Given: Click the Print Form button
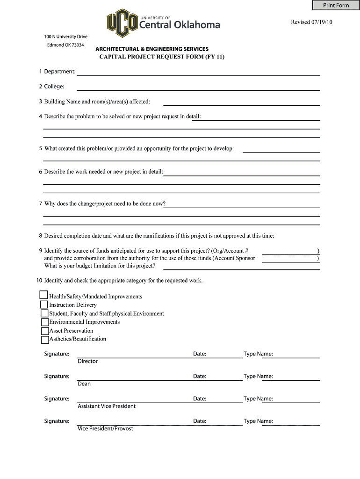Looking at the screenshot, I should pos(336,5).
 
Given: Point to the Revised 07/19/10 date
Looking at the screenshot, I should pos(312,22).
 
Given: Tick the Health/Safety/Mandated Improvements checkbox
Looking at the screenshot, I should pos(43,295).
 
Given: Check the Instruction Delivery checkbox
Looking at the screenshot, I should pos(44,305).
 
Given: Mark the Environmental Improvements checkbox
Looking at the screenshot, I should pos(45,322).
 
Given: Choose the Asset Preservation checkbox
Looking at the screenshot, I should pos(45,331).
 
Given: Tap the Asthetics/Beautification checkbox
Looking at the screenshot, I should pos(45,340).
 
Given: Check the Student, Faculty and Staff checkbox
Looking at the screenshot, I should pos(44,313).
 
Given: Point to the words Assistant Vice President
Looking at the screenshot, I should pos(107,406).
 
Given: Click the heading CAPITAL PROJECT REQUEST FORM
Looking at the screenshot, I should pos(162,57).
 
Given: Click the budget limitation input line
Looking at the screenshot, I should pos(238,266).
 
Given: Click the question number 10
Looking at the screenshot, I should pos(39,281).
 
